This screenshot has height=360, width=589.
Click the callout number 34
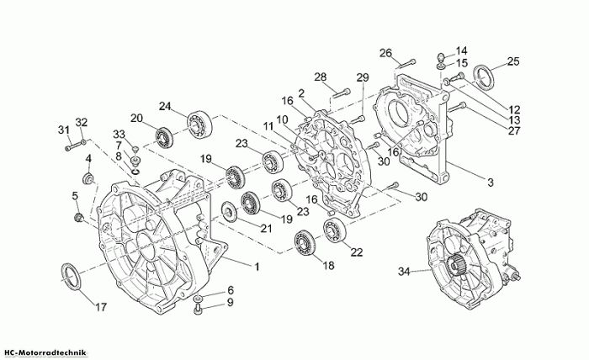pos(404,271)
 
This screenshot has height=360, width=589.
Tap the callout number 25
pos(513,61)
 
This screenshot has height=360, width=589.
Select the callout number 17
pos(101,307)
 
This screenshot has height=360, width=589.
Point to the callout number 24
pos(165,106)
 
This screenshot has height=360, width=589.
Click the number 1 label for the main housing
pos(257,267)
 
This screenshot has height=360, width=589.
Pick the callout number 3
pos(491,183)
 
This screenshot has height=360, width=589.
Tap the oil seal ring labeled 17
pos(70,277)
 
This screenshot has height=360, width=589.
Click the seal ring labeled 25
pos(484,77)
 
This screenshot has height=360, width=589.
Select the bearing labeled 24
pos(199,124)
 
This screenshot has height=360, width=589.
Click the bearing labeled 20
pos(164,137)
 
